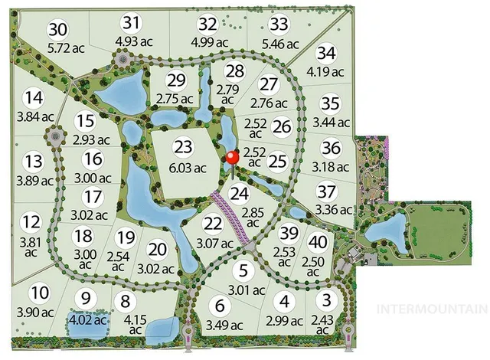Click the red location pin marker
(233, 158)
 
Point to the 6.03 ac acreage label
(187, 168)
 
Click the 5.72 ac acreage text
(59, 49)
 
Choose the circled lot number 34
(327, 53)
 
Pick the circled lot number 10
(41, 293)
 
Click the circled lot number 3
(328, 299)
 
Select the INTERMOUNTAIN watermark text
(433, 309)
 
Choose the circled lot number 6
(220, 306)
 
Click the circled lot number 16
(93, 159)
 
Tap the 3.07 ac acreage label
(214, 244)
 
